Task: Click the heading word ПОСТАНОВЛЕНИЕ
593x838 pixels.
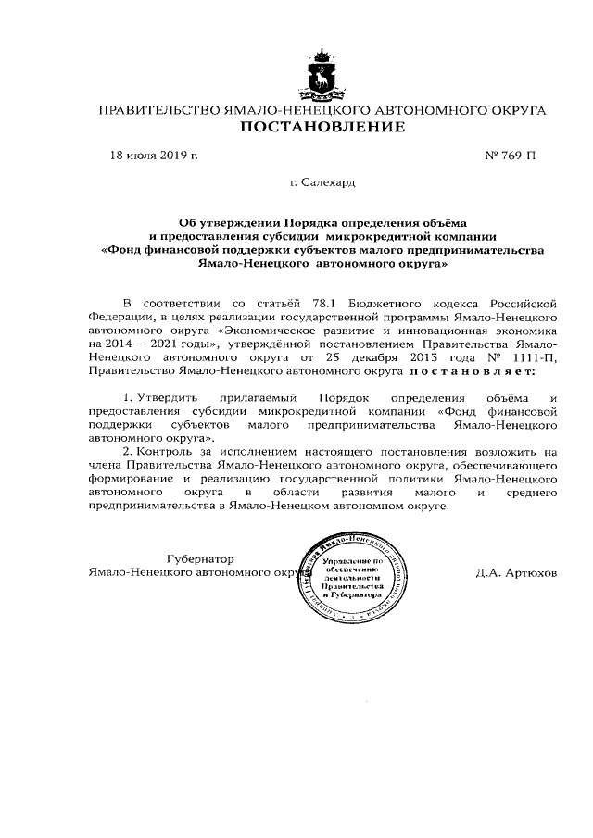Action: coord(322,127)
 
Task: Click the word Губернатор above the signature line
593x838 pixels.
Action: coord(199,559)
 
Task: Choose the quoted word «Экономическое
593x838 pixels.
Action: coord(268,330)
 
